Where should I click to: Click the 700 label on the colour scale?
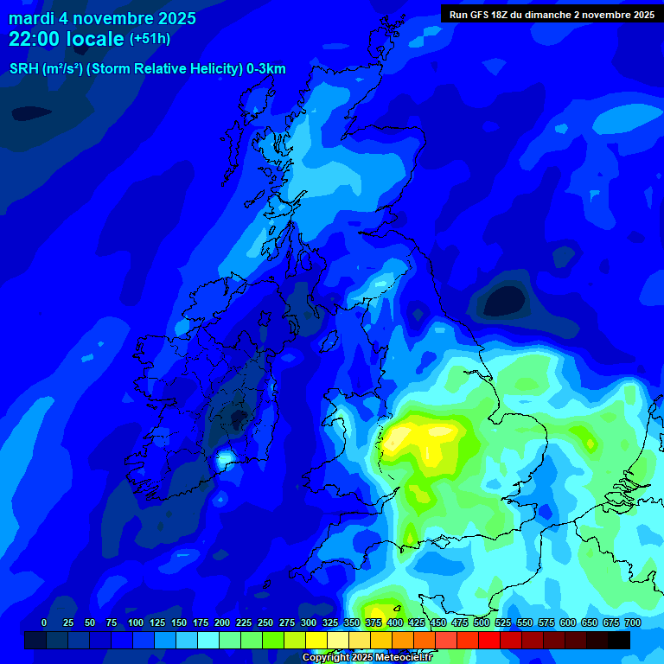click(632, 622)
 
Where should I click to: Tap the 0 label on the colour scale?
click(44, 622)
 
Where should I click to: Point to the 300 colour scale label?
click(309, 622)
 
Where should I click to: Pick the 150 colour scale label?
click(179, 622)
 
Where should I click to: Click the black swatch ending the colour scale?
click(619, 640)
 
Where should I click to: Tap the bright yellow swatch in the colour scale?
click(316, 640)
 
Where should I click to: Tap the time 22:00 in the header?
click(41, 40)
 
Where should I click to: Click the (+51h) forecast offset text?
click(150, 40)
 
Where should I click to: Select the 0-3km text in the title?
click(265, 69)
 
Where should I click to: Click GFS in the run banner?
click(481, 15)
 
